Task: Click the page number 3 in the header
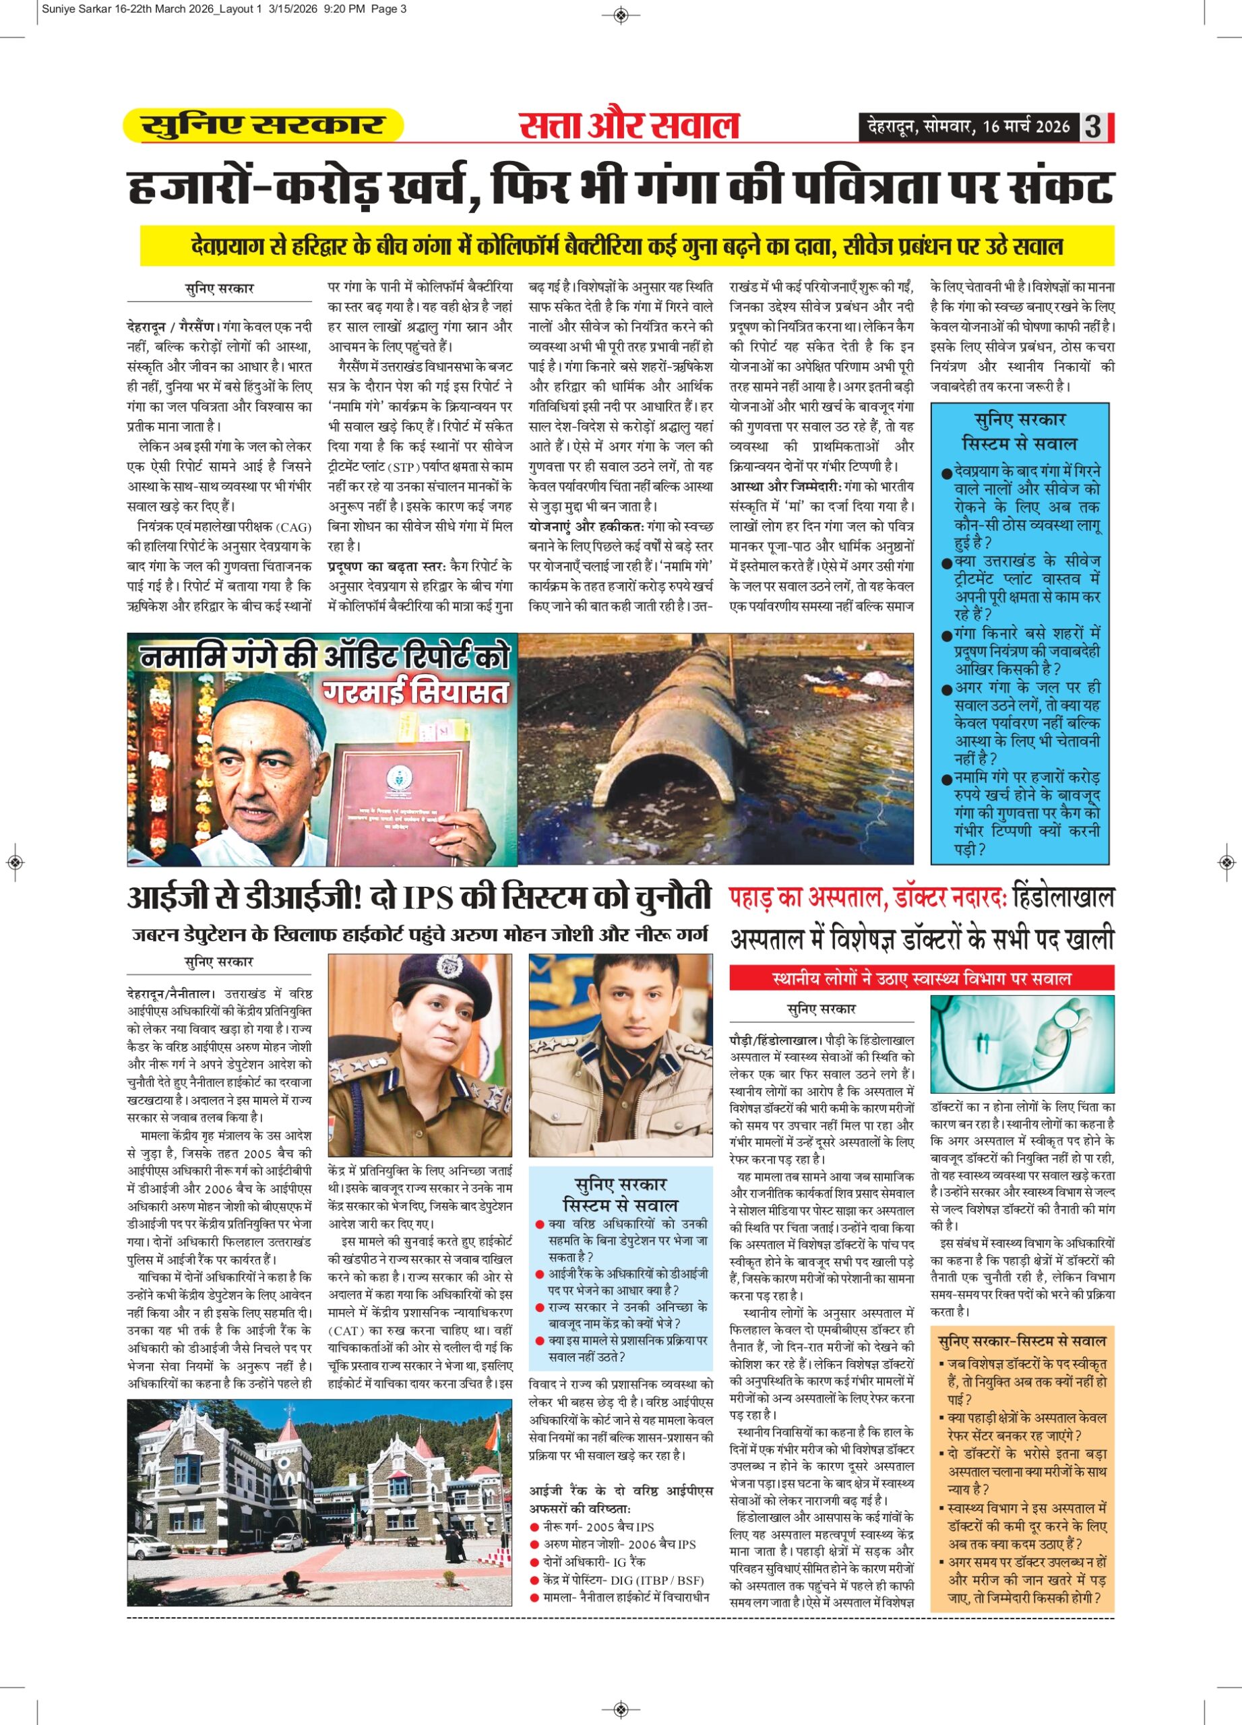tap(1093, 126)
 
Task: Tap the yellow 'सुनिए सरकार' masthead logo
tap(262, 125)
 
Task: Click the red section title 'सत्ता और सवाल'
tap(629, 125)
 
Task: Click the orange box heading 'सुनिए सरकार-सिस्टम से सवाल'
tap(1022, 1341)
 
